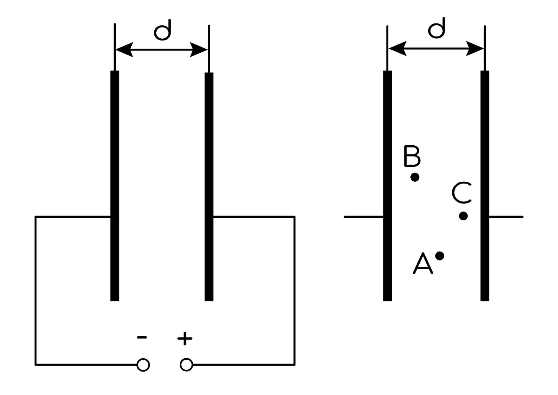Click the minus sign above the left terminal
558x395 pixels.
point(142,337)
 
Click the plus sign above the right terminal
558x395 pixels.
point(185,339)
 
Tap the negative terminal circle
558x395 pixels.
point(143,365)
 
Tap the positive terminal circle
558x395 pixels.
point(186,365)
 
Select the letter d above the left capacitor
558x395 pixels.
point(163,30)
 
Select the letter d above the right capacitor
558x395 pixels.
point(437,28)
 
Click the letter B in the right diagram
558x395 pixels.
point(412,156)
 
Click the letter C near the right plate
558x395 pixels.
point(462,192)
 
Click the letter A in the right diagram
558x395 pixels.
point(423,263)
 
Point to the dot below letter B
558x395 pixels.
point(415,177)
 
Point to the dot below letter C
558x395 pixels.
point(464,216)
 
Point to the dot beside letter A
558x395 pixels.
point(440,256)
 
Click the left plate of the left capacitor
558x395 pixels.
point(115,186)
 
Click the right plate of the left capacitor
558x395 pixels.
point(209,187)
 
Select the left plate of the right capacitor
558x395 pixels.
point(388,186)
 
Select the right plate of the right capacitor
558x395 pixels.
point(485,186)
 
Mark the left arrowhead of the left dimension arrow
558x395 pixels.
point(124,50)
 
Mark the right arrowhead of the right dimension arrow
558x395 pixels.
point(475,49)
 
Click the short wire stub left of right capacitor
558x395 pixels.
point(364,217)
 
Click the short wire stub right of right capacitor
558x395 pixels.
point(506,217)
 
